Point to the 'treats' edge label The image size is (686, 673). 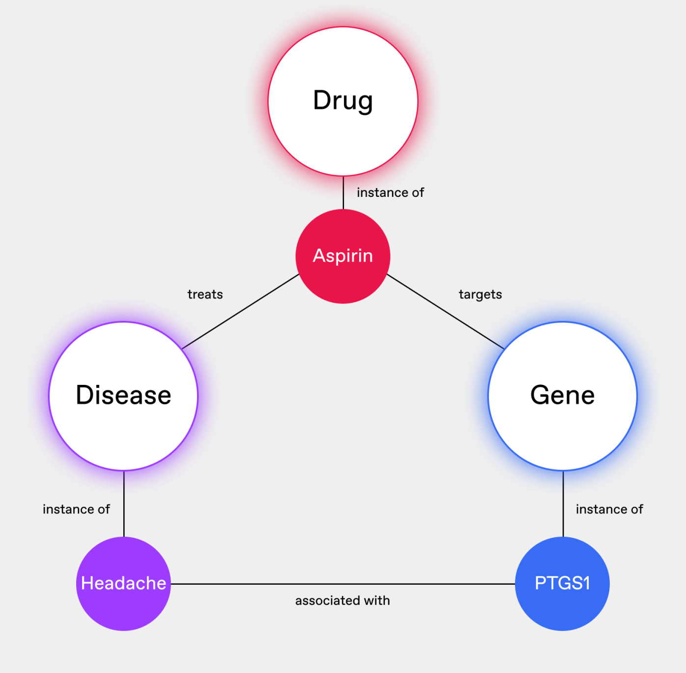[205, 295]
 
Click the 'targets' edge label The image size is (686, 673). [480, 295]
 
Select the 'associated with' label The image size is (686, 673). [343, 601]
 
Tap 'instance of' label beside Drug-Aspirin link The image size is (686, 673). [390, 193]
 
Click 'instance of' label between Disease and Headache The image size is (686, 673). [76, 510]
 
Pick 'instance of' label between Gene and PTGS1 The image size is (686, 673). [609, 510]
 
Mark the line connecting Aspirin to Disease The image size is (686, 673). [241, 311]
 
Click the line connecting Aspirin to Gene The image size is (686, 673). [445, 311]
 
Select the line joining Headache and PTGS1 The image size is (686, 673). [343, 584]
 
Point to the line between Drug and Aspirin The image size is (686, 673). [343, 192]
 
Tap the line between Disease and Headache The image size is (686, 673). [124, 504]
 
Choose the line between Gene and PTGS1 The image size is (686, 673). [563, 504]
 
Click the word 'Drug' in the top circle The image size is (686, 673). [343, 101]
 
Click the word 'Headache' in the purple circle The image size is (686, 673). [123, 583]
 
